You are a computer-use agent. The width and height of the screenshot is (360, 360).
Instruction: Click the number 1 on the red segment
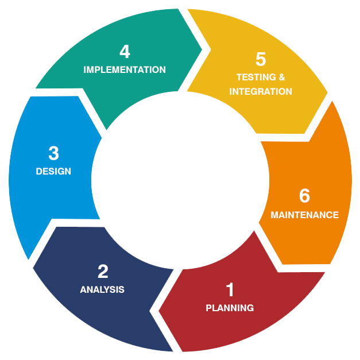[x=230, y=290]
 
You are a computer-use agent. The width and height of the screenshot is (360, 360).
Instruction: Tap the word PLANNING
[x=230, y=308]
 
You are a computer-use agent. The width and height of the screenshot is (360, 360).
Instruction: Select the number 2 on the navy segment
[x=103, y=272]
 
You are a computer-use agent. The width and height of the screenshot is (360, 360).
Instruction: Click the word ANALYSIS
[x=102, y=289]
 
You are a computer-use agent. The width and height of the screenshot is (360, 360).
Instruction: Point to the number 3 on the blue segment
[x=54, y=153]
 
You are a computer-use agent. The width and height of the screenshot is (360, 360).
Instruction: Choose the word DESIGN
[x=53, y=171]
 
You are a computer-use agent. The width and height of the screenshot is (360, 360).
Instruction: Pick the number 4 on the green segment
[x=125, y=52]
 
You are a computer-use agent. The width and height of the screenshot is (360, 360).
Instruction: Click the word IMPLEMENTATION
[x=125, y=69]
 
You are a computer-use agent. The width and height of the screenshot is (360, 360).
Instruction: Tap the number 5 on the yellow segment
[x=261, y=59]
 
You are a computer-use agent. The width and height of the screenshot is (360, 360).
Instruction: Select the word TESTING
[x=256, y=77]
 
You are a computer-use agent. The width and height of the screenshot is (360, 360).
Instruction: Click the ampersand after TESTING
[x=282, y=77]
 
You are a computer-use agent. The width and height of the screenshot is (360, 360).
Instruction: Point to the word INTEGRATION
[x=261, y=91]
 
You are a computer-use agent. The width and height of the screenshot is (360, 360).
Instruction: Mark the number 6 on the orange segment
[x=305, y=196]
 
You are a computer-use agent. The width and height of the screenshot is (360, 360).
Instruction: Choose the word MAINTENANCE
[x=305, y=215]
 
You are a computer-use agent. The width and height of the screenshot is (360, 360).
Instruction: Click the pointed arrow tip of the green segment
[x=202, y=49]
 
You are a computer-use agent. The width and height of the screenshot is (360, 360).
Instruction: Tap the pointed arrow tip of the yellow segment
[x=327, y=93]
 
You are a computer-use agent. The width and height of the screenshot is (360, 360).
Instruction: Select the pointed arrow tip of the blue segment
[x=102, y=138]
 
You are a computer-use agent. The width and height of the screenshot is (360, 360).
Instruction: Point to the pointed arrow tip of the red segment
[x=158, y=311]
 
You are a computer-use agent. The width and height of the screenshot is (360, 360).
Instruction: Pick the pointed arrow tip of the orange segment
[x=259, y=222]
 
